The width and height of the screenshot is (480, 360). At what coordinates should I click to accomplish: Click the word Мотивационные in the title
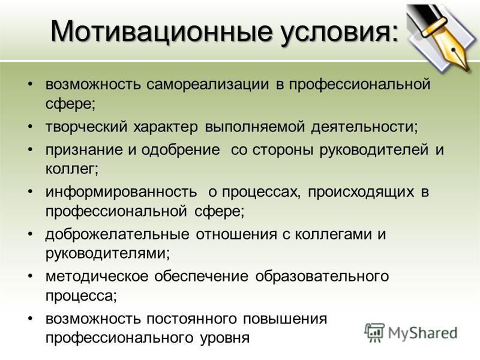pos(161,31)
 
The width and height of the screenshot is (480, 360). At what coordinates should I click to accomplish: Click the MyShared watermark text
pos(422,333)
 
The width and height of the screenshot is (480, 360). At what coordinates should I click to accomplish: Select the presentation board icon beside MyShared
pos(374,332)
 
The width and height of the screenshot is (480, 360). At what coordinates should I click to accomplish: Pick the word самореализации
pos(208,85)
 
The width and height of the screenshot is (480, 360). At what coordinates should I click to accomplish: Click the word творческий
pos(86,127)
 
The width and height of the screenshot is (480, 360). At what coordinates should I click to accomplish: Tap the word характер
pos(166,127)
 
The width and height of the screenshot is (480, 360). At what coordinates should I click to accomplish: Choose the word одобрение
pos(181,149)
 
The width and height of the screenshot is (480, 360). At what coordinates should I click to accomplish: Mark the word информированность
pos(121,192)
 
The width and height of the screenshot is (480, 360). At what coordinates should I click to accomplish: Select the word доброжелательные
pos(117,235)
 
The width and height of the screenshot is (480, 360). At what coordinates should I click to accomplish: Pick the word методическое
pos(97,277)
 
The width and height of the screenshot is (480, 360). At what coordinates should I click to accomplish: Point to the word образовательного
pos(322,277)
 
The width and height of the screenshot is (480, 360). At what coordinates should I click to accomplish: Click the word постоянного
pos(191,319)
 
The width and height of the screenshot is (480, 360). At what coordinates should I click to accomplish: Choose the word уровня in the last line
pos(225,338)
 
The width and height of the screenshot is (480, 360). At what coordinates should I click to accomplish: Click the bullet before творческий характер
pos(30,126)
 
